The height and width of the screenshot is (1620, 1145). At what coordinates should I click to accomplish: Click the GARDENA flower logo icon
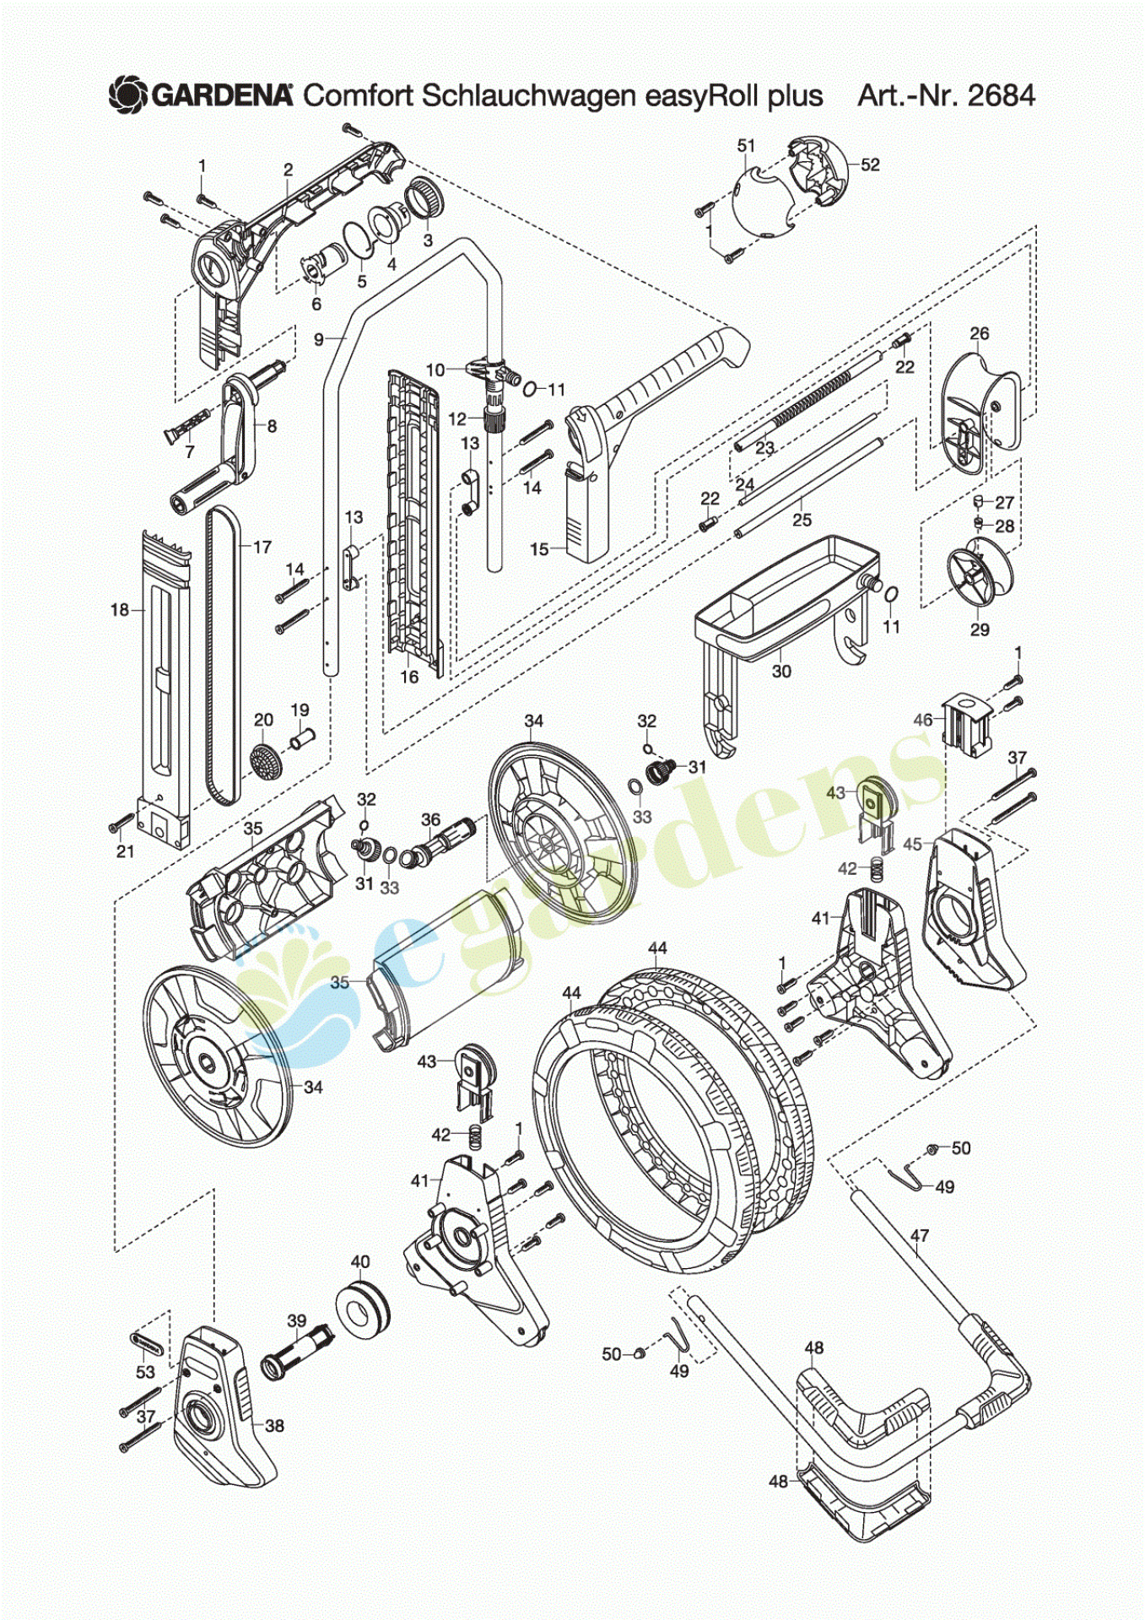128,95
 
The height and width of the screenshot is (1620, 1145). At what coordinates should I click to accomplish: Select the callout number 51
746,146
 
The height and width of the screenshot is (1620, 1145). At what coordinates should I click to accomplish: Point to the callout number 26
979,333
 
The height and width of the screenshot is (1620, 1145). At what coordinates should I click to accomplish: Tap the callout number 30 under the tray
781,671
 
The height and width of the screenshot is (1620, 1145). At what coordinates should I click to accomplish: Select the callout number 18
120,609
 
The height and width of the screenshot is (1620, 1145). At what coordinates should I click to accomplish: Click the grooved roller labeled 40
364,1308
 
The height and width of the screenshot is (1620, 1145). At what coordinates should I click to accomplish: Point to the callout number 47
920,1235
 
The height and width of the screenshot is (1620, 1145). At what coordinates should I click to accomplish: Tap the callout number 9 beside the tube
318,339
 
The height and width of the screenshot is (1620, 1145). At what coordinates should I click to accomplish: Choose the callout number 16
409,677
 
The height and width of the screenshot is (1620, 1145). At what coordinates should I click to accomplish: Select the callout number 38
274,1426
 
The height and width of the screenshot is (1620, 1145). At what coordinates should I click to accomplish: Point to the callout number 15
539,549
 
